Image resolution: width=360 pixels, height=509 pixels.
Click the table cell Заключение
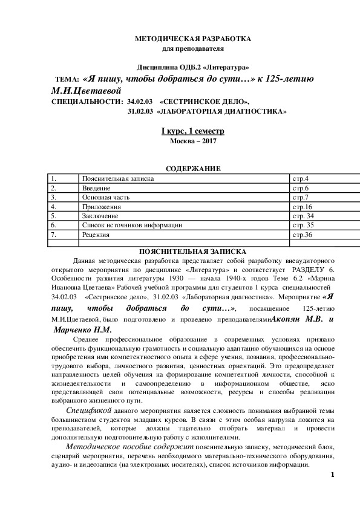point(99,215)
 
